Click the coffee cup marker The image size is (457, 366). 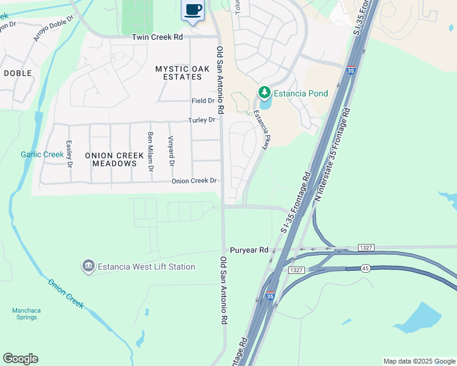coord(193,10)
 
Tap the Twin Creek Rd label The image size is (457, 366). coord(157,37)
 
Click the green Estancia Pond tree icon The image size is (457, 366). coord(264,93)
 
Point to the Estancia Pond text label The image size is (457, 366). coord(301,93)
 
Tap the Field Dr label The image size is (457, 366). coord(203,101)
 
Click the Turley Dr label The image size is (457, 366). coord(202,120)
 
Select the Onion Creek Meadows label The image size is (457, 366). coord(111,159)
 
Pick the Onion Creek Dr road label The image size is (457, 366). coord(194,181)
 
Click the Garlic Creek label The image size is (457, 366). coord(42,154)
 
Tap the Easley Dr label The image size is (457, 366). coord(70,156)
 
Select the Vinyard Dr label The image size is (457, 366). coord(171,152)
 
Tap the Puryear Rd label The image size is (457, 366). coord(249,250)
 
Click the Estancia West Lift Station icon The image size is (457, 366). coord(89,267)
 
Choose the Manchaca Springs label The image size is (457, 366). coord(26,314)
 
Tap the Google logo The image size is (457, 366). coord(20,359)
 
